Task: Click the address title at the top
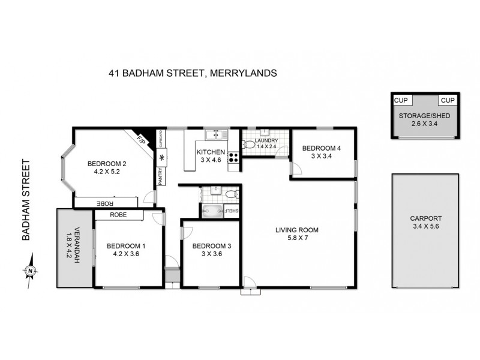[193, 74]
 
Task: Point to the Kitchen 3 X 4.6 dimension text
[211, 160]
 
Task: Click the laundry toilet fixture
[249, 144]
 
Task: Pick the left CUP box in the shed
[400, 100]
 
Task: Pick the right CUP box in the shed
[447, 100]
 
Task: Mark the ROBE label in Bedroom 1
[117, 214]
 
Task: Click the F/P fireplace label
[142, 142]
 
